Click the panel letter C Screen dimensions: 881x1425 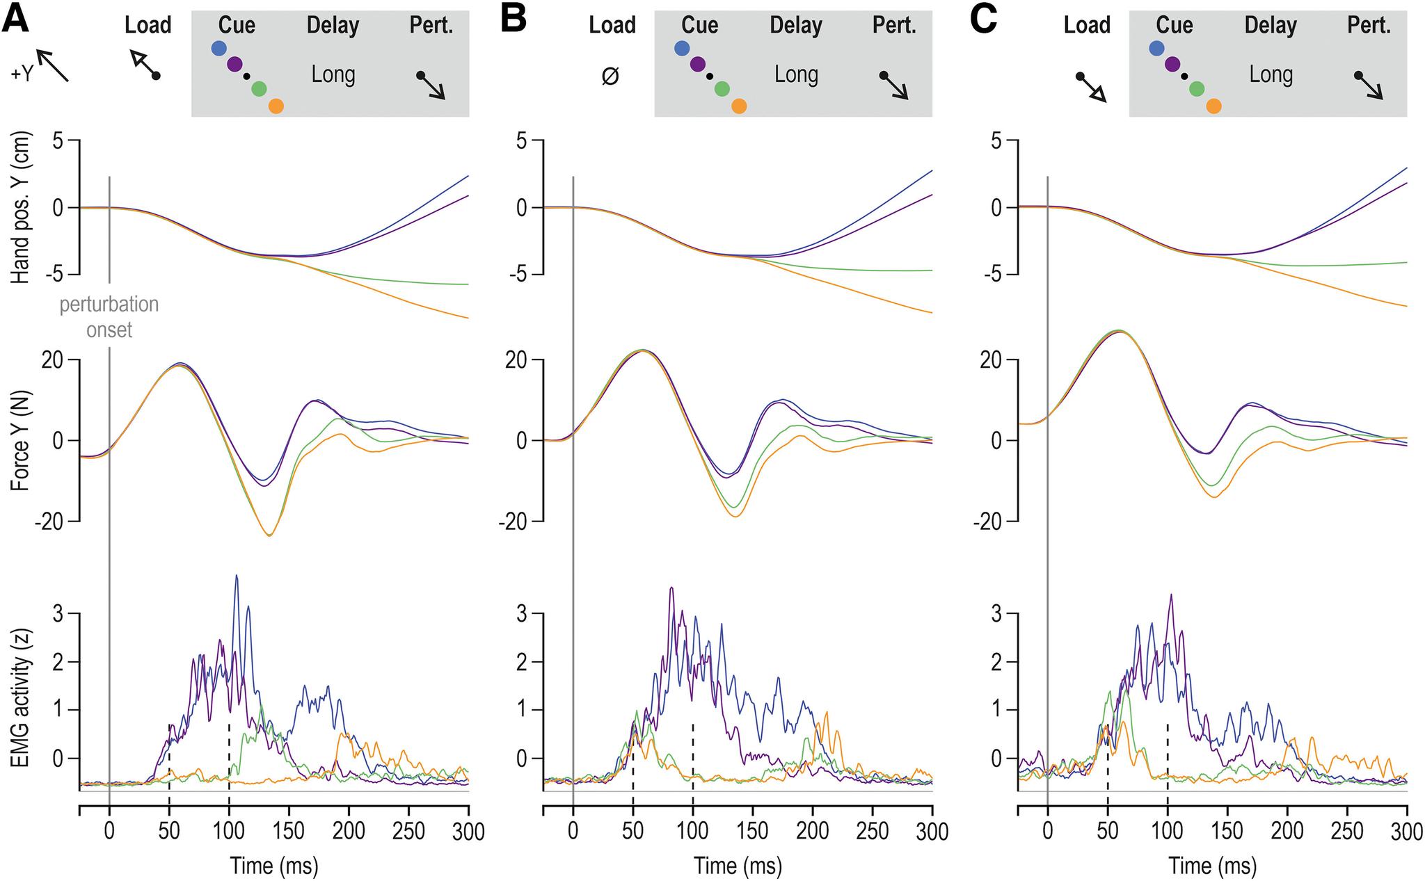click(x=984, y=21)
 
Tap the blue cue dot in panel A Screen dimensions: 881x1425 click(x=218, y=49)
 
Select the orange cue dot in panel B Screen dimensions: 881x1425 click(x=739, y=106)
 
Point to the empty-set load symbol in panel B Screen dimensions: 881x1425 click(x=610, y=76)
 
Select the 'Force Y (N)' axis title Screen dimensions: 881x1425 click(x=21, y=440)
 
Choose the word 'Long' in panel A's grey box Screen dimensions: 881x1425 click(x=333, y=74)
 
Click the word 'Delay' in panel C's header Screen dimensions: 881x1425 click(x=1271, y=26)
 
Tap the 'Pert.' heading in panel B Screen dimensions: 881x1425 click(x=895, y=26)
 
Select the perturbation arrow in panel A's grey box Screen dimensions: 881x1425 click(x=431, y=85)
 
